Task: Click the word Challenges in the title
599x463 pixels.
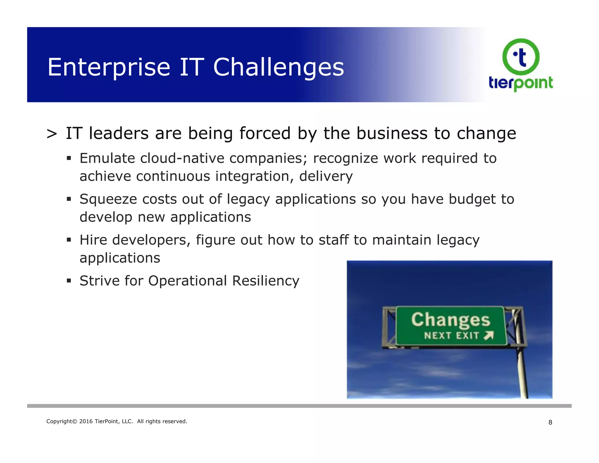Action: click(x=278, y=67)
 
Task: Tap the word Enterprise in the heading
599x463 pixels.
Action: click(x=109, y=67)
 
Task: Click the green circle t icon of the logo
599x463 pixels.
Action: click(x=521, y=57)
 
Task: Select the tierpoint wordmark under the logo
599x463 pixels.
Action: click(x=521, y=83)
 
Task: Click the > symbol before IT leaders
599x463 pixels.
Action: click(x=52, y=134)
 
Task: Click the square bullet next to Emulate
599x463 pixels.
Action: click(x=69, y=159)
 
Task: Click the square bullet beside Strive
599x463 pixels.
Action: click(x=69, y=281)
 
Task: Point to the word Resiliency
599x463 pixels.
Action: click(x=266, y=281)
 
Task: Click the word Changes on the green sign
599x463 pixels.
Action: click(x=450, y=320)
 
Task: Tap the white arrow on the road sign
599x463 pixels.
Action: click(x=489, y=335)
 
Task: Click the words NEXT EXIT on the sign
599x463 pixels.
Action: click(x=451, y=335)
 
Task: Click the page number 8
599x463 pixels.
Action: click(x=550, y=422)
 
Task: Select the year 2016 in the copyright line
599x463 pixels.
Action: click(x=86, y=421)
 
